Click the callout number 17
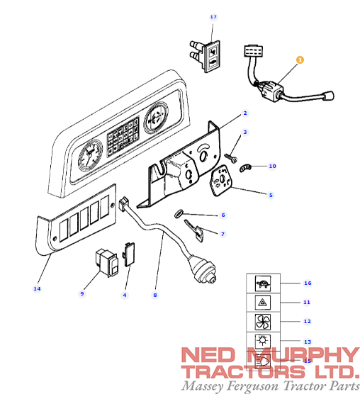[x=213, y=16]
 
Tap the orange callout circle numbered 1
[x=299, y=61]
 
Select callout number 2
[x=244, y=113]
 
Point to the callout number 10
[x=272, y=166]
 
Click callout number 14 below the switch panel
[x=37, y=288]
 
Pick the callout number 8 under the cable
[x=155, y=294]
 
